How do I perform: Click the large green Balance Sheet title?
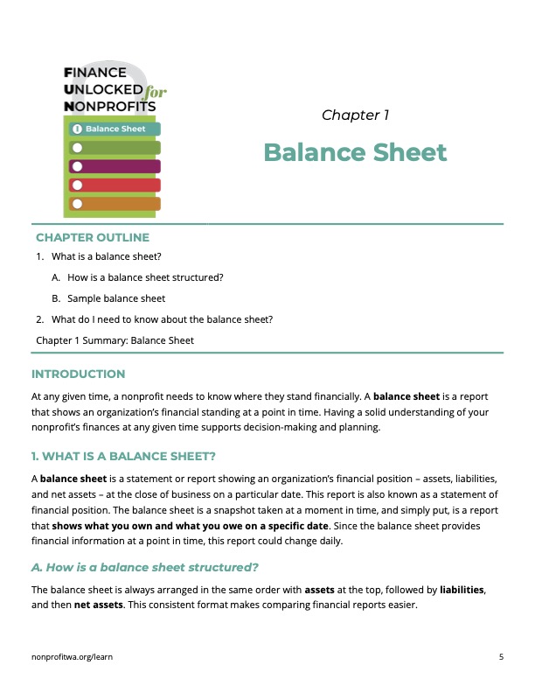click(355, 153)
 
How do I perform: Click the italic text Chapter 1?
click(355, 115)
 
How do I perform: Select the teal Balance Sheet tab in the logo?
click(115, 129)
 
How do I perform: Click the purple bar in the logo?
click(115, 166)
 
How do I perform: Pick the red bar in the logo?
click(115, 185)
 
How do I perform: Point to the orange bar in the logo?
click(115, 204)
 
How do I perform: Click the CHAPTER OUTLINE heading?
click(93, 237)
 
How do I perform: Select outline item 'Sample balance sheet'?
click(116, 298)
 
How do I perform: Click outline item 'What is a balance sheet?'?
click(107, 256)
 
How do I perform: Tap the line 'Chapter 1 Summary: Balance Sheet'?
click(115, 340)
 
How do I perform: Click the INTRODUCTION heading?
click(79, 374)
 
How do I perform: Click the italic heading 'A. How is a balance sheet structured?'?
click(145, 567)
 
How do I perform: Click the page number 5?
click(501, 655)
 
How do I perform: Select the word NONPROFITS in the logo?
click(110, 106)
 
